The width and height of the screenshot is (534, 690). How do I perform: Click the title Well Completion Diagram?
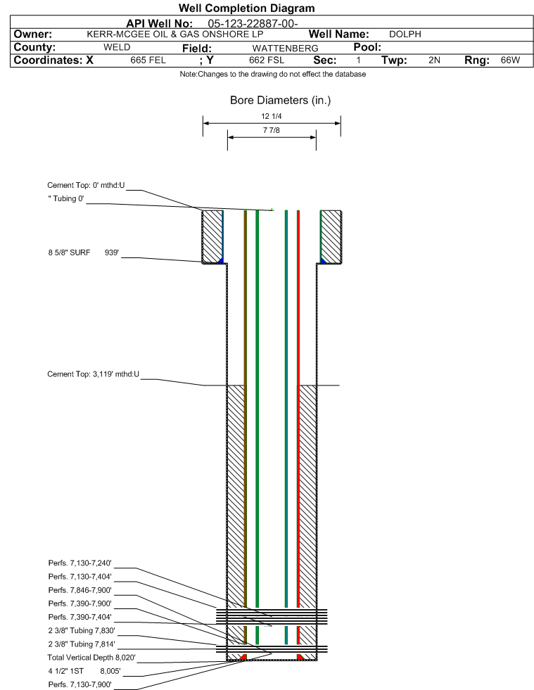pos(246,8)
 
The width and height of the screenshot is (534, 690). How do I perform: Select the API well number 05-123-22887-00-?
pos(253,23)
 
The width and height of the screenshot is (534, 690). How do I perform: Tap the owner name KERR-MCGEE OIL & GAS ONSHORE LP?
pos(174,34)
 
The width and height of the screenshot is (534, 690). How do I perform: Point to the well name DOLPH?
pos(405,34)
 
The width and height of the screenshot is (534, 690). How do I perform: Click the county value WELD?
pos(117,47)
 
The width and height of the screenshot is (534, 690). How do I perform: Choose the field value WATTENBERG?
pos(285,48)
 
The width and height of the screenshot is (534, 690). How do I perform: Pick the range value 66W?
pos(510,60)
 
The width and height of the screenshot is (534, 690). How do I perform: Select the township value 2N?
pos(434,60)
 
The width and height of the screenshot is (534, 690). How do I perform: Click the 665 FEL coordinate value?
pos(148,60)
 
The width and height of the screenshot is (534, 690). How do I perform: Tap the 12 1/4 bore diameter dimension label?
pos(271,116)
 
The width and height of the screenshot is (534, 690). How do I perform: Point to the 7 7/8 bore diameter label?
pos(271,130)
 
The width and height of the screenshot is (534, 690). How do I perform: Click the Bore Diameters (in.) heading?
pos(280,101)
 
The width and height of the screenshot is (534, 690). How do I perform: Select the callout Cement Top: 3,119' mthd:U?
pos(94,374)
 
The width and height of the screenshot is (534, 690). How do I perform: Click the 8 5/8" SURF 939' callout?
pos(84,253)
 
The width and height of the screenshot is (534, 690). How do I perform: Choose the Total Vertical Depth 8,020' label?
pos(91,658)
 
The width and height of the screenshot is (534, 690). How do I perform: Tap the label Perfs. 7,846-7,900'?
pos(80,590)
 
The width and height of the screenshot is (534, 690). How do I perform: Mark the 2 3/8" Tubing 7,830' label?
pos(82,631)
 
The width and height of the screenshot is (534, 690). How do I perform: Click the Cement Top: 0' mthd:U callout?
pos(87,185)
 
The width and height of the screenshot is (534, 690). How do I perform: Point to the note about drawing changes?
pos(272,75)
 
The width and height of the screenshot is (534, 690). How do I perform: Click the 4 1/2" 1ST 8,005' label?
pos(84,671)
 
